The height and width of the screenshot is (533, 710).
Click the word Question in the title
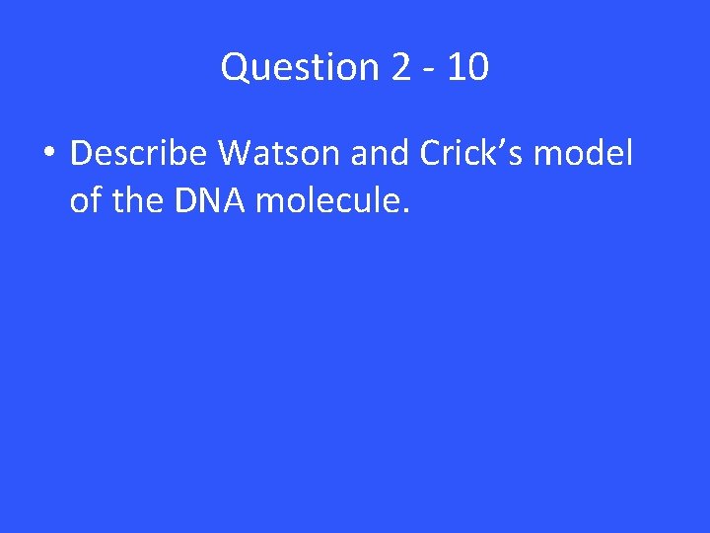coord(300,68)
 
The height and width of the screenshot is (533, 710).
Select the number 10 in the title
coord(468,68)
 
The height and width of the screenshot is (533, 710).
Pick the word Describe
coord(140,154)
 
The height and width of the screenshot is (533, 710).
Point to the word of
coord(85,201)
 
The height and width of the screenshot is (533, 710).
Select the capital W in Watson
coord(236,154)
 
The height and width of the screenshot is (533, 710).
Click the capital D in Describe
coord(82,154)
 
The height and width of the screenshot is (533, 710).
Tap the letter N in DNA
coord(207,201)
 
